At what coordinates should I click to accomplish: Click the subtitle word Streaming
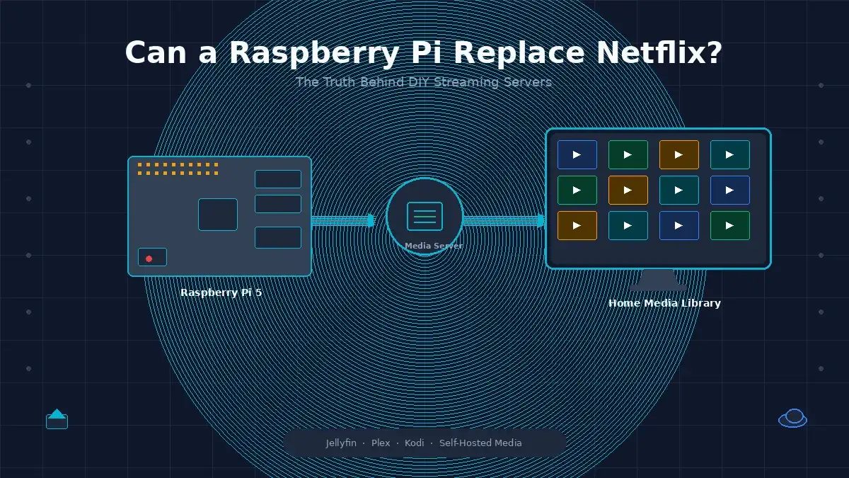[x=466, y=82]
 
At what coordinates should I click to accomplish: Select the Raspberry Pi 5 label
[x=221, y=292]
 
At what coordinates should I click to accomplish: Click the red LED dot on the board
[x=149, y=258]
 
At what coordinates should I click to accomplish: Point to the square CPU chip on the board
[x=218, y=215]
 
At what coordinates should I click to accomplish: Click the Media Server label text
[x=434, y=246]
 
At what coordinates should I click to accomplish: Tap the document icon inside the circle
[x=424, y=216]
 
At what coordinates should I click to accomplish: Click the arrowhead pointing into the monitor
[x=541, y=220]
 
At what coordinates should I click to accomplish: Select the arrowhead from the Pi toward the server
[x=371, y=220]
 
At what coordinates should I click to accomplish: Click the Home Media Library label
[x=664, y=303]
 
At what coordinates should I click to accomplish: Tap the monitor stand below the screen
[x=659, y=280]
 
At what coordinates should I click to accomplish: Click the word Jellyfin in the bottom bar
[x=341, y=443]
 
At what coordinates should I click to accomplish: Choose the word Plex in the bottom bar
[x=381, y=443]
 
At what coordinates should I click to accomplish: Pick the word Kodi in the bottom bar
[x=415, y=443]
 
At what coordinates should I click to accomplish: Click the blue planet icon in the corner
[x=792, y=418]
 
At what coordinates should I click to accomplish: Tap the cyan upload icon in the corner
[x=57, y=419]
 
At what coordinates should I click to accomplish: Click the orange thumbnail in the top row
[x=678, y=155]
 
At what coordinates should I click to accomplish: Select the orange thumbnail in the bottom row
[x=577, y=226]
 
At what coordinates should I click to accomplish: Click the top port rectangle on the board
[x=278, y=179]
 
